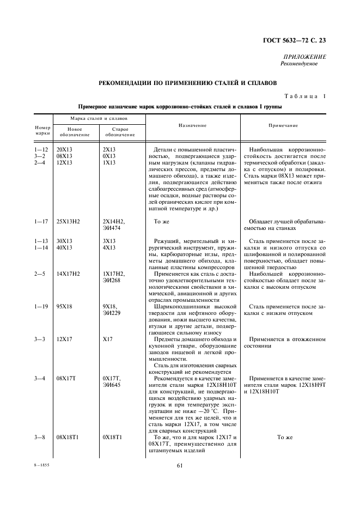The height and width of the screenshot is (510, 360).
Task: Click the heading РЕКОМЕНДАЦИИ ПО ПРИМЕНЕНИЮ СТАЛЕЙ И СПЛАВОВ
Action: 187,83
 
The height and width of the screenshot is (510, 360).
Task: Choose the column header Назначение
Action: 192,125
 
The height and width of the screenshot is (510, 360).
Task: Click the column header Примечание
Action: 283,125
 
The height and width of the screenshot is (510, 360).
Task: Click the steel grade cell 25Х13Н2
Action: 69,222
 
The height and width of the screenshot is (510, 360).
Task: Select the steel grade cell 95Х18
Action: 65,307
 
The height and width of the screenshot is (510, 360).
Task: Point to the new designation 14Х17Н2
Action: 69,274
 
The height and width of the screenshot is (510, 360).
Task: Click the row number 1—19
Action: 42,307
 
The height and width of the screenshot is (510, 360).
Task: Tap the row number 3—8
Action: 42,438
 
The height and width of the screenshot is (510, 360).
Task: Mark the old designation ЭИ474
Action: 112,228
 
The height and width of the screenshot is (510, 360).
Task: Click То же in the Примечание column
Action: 285,438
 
